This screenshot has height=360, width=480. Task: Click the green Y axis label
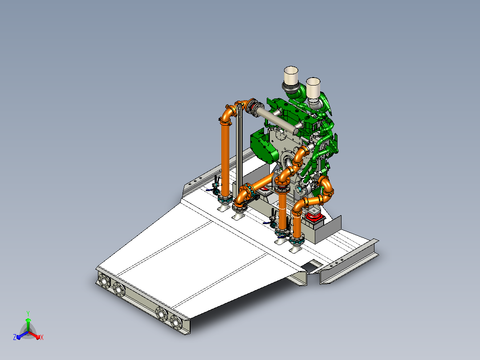(x=28, y=313)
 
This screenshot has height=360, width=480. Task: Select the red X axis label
(x=42, y=337)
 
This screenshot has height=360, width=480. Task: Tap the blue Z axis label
(x=15, y=337)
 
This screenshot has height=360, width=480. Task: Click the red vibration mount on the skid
(x=314, y=217)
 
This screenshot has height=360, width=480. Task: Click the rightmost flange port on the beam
(x=176, y=322)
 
